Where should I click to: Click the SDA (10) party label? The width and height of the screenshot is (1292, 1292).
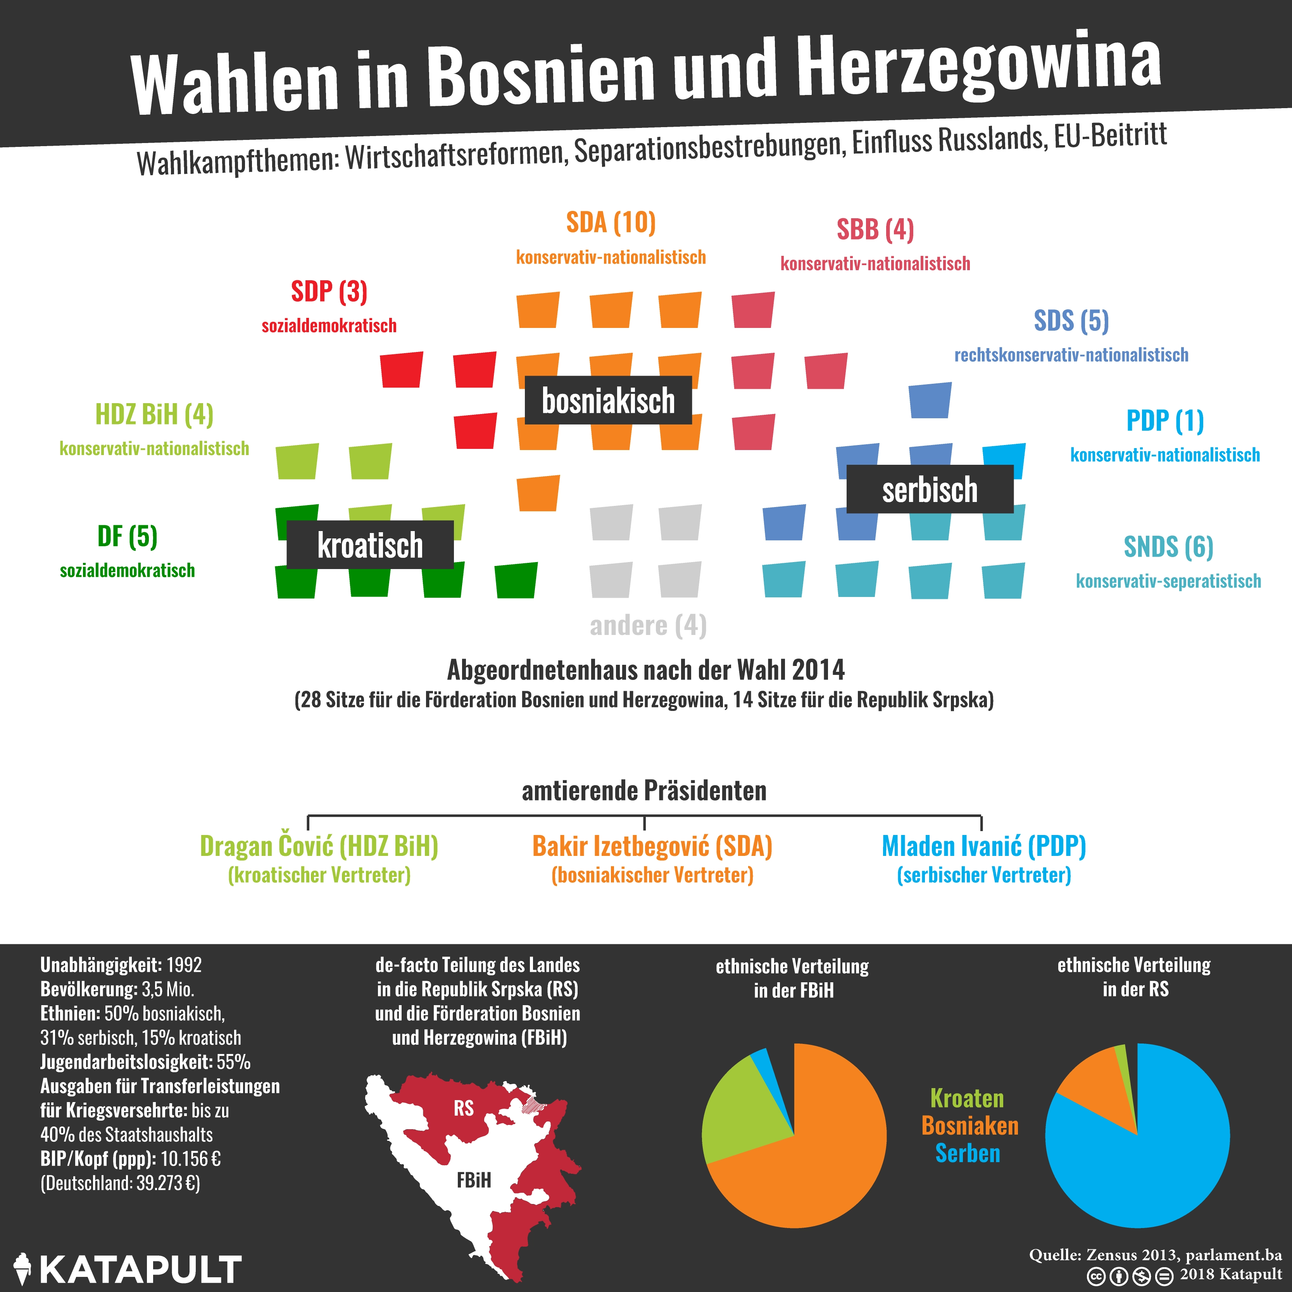611,223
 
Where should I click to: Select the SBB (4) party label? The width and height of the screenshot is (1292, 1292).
875,229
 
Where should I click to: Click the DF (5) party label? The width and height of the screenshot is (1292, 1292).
127,536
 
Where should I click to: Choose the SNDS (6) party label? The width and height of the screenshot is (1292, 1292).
1168,547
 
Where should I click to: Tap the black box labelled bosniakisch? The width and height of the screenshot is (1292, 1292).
608,400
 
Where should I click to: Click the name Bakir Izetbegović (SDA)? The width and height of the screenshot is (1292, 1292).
652,847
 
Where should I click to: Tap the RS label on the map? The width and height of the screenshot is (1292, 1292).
464,1109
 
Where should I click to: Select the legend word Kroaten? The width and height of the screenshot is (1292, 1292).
967,1098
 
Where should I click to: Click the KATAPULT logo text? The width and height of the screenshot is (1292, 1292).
140,1269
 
